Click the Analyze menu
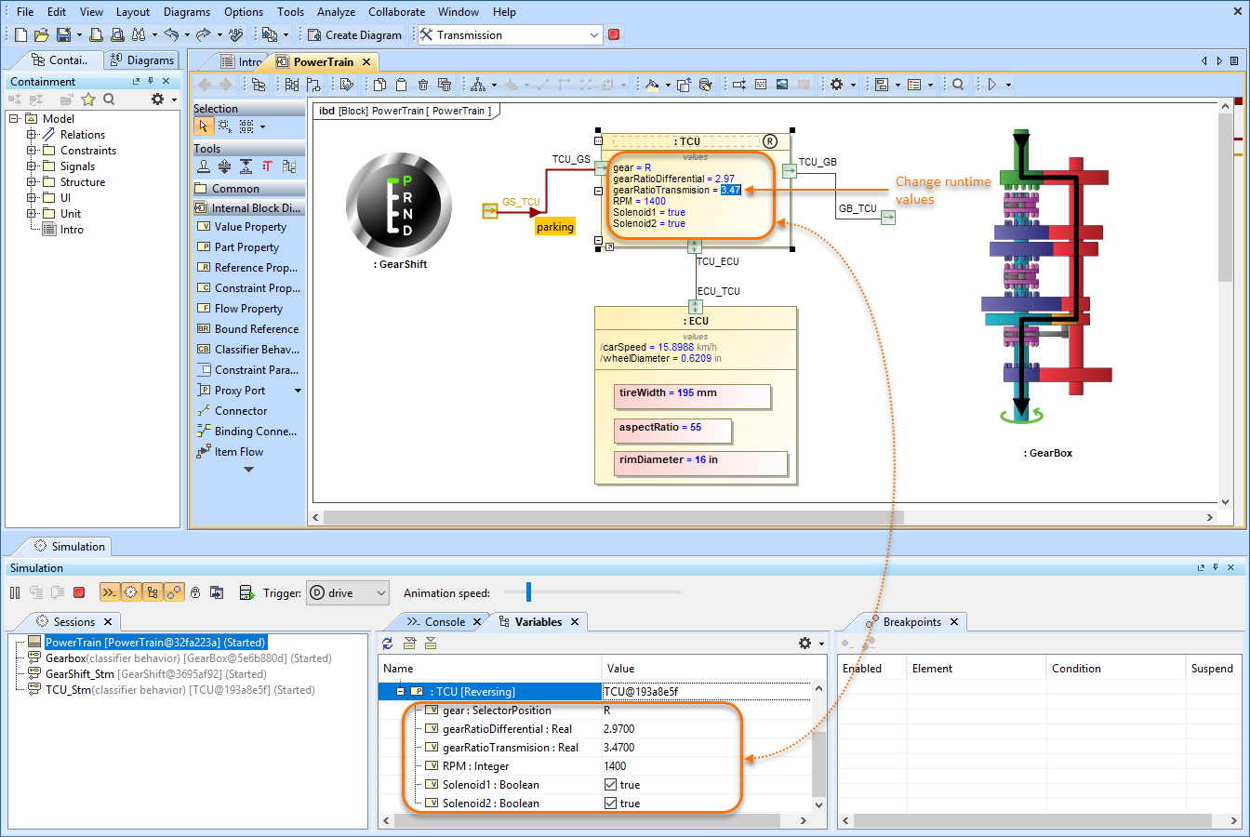(336, 12)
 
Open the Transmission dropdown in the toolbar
(594, 35)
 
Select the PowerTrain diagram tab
(323, 62)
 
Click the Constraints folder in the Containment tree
(87, 151)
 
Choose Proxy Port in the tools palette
(239, 391)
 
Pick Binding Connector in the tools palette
(255, 432)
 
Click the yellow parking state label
(555, 227)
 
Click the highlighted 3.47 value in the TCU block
(730, 190)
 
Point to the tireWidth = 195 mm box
(692, 394)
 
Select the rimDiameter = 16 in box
(700, 461)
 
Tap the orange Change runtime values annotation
(942, 190)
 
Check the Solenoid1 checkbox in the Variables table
(611, 785)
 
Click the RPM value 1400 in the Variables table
(615, 766)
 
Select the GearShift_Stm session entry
(80, 674)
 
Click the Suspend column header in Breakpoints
(1211, 669)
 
